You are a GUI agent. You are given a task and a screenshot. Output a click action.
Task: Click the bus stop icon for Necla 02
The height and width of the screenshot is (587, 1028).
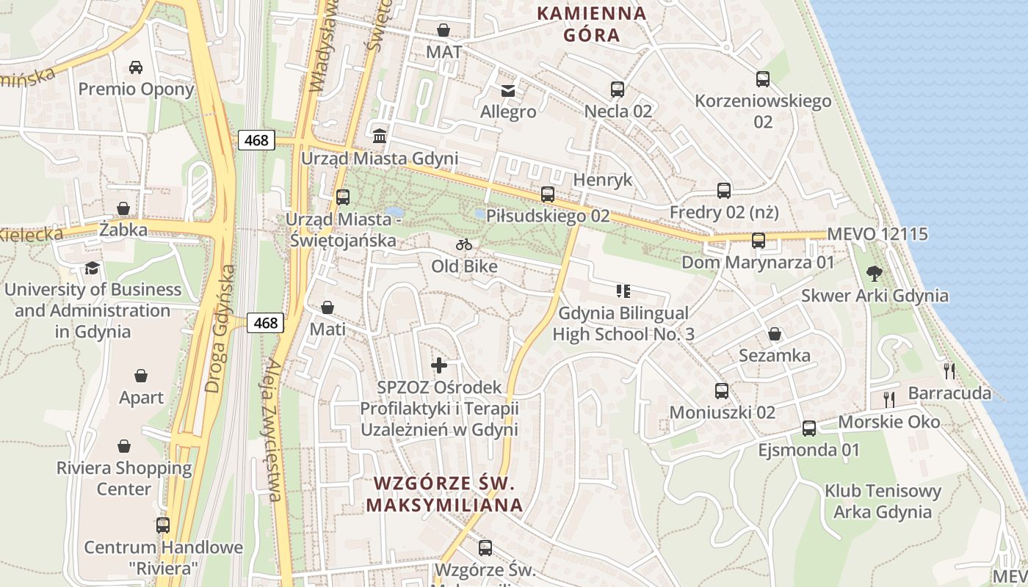618,90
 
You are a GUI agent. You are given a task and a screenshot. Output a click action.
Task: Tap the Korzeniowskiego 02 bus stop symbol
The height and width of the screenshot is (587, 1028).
763,79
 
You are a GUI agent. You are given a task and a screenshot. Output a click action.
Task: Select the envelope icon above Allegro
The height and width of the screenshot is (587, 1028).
507,91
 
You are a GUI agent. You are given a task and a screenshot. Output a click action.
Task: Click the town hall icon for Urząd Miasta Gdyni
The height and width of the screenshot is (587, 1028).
380,136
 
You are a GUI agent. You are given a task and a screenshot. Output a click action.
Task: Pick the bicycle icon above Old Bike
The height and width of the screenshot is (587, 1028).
464,244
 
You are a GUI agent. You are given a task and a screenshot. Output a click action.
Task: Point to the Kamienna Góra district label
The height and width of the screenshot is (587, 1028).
592,23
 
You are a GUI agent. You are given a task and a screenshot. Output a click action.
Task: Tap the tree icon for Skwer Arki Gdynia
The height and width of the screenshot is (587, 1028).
874,274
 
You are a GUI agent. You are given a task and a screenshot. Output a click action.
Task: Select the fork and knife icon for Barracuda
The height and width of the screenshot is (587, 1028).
949,371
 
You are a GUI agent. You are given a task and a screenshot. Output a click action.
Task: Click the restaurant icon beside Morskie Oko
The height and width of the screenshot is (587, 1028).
889,400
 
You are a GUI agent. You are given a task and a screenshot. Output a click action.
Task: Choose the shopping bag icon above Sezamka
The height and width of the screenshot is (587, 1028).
774,335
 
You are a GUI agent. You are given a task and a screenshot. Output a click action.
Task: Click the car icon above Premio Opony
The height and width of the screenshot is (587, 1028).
136,68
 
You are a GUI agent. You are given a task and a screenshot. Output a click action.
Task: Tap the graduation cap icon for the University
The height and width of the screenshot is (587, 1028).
92,268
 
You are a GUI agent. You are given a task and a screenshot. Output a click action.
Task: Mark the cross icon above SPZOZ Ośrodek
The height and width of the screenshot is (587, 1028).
439,365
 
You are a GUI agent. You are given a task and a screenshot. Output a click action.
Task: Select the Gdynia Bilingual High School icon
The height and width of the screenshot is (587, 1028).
623,291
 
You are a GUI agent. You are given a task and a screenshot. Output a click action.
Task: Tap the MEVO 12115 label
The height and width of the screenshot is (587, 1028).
877,234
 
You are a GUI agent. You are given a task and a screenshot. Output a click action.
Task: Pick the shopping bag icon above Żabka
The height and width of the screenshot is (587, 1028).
123,209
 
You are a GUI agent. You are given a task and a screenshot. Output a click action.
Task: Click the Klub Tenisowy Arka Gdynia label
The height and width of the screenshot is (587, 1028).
883,501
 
